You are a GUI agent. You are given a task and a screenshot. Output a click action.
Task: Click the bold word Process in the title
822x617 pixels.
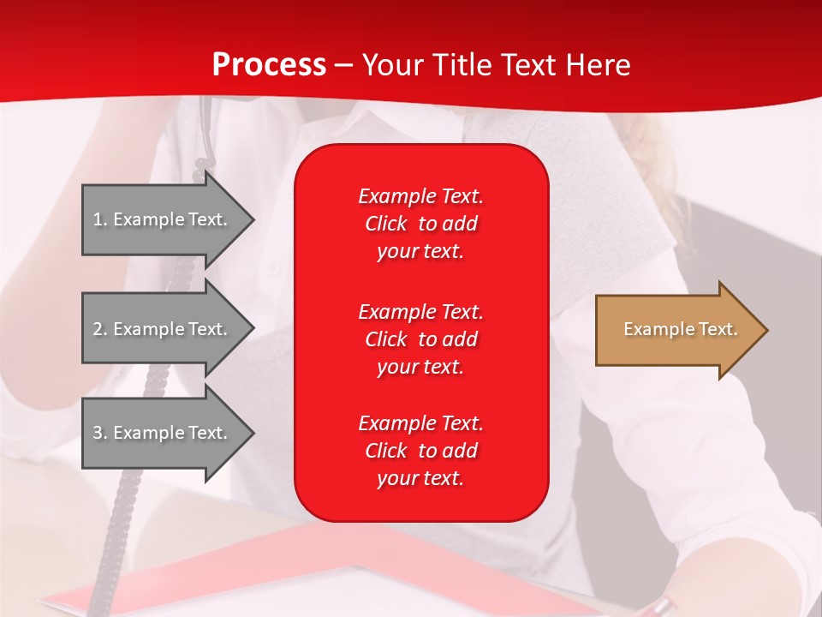tap(269, 65)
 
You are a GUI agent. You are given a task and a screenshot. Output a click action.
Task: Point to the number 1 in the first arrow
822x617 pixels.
tap(98, 219)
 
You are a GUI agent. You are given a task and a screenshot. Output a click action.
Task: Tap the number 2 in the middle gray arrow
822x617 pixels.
tap(98, 329)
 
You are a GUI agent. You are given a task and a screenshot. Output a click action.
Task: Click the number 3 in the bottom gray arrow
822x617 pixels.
tap(98, 433)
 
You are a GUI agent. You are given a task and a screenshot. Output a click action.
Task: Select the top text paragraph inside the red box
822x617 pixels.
tap(420, 224)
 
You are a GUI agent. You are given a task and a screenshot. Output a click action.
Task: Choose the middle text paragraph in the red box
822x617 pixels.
tap(420, 338)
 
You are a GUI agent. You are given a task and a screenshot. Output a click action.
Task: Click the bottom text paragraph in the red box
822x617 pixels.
tap(420, 451)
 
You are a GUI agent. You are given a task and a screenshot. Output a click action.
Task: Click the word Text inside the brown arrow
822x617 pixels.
tap(718, 329)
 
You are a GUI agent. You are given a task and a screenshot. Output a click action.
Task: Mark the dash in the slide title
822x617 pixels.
tap(344, 65)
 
